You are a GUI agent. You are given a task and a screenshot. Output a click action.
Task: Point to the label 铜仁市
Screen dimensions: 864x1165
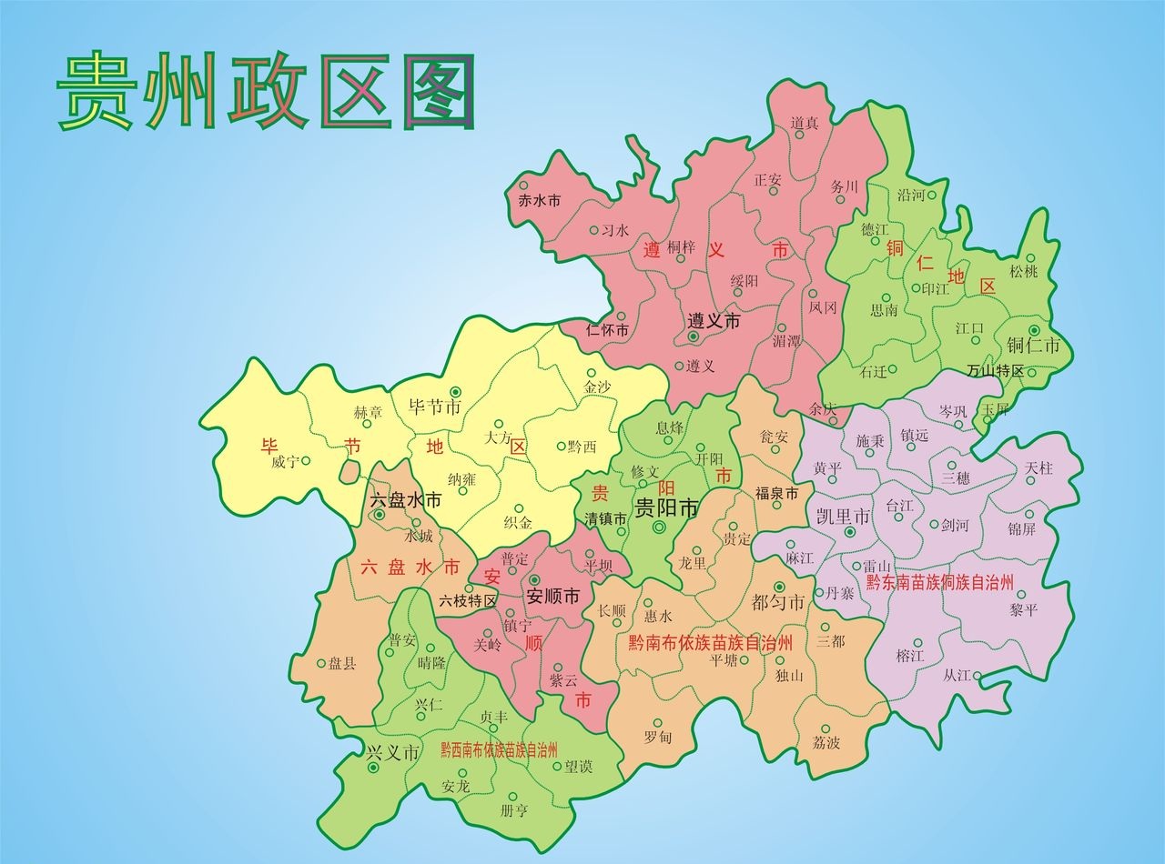pyautogui.click(x=1034, y=347)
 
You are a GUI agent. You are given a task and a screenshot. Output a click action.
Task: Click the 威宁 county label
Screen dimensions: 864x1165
pyautogui.click(x=284, y=462)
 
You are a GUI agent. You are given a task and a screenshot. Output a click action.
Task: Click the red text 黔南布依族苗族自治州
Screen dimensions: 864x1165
pyautogui.click(x=711, y=642)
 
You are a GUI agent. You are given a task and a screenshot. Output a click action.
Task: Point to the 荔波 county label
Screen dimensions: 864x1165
pyautogui.click(x=826, y=743)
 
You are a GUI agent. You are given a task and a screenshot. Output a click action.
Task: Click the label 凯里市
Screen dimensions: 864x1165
pyautogui.click(x=843, y=517)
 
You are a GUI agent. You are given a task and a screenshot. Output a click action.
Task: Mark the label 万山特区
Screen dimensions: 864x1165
pyautogui.click(x=995, y=371)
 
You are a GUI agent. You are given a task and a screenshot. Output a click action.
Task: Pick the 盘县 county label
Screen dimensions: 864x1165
pyautogui.click(x=342, y=664)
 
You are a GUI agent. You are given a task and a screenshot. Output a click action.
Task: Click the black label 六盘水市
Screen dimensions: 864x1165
pyautogui.click(x=406, y=500)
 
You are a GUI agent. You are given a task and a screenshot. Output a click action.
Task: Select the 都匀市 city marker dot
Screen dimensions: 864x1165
pyautogui.click(x=779, y=587)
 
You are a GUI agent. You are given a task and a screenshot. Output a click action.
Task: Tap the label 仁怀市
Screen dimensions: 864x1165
pyautogui.click(x=608, y=330)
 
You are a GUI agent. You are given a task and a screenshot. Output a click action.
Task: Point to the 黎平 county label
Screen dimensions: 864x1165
pyautogui.click(x=1022, y=610)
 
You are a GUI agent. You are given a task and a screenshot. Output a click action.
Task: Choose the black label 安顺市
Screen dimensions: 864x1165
pyautogui.click(x=553, y=598)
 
